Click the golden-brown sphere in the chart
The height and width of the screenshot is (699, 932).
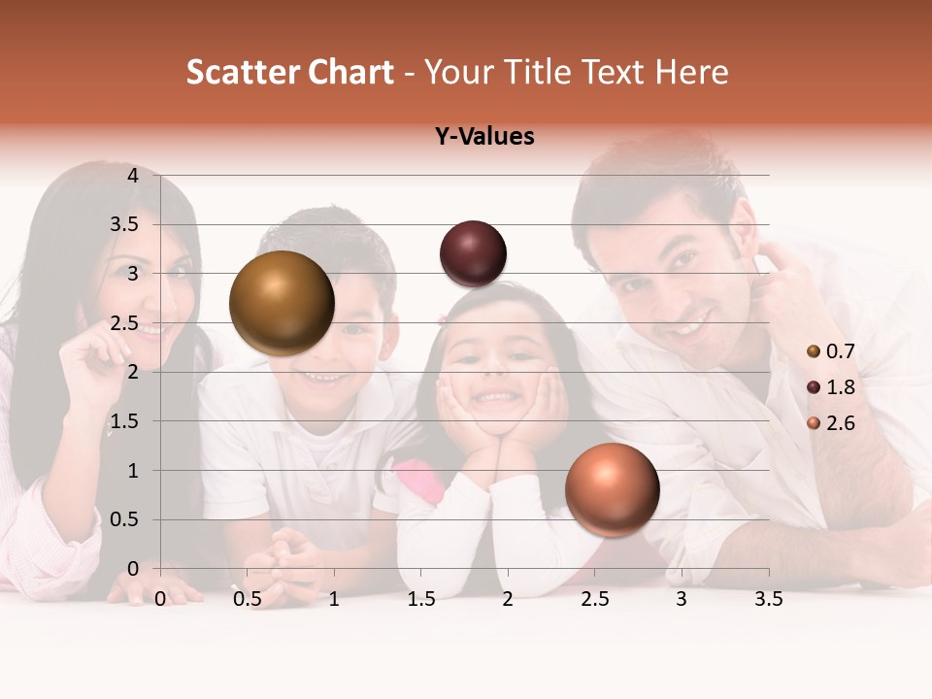coord(282,303)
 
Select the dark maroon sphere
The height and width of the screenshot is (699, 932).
coord(473,253)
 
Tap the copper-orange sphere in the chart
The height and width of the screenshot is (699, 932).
coord(612,490)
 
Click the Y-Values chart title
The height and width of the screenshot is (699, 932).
coord(484,137)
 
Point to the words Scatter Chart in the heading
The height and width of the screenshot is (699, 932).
coord(289,72)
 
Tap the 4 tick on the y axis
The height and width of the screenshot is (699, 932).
coord(133,176)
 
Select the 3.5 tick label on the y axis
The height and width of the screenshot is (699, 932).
coord(125,224)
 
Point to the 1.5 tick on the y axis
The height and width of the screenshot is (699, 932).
coord(125,421)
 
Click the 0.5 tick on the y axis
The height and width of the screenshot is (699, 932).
coord(125,519)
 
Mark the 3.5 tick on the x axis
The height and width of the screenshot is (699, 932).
coord(768,599)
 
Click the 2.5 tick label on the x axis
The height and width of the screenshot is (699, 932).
coord(594,599)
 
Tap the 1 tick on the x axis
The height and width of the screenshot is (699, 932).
coord(334,599)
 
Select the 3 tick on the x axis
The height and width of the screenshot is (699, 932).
coord(681,599)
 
